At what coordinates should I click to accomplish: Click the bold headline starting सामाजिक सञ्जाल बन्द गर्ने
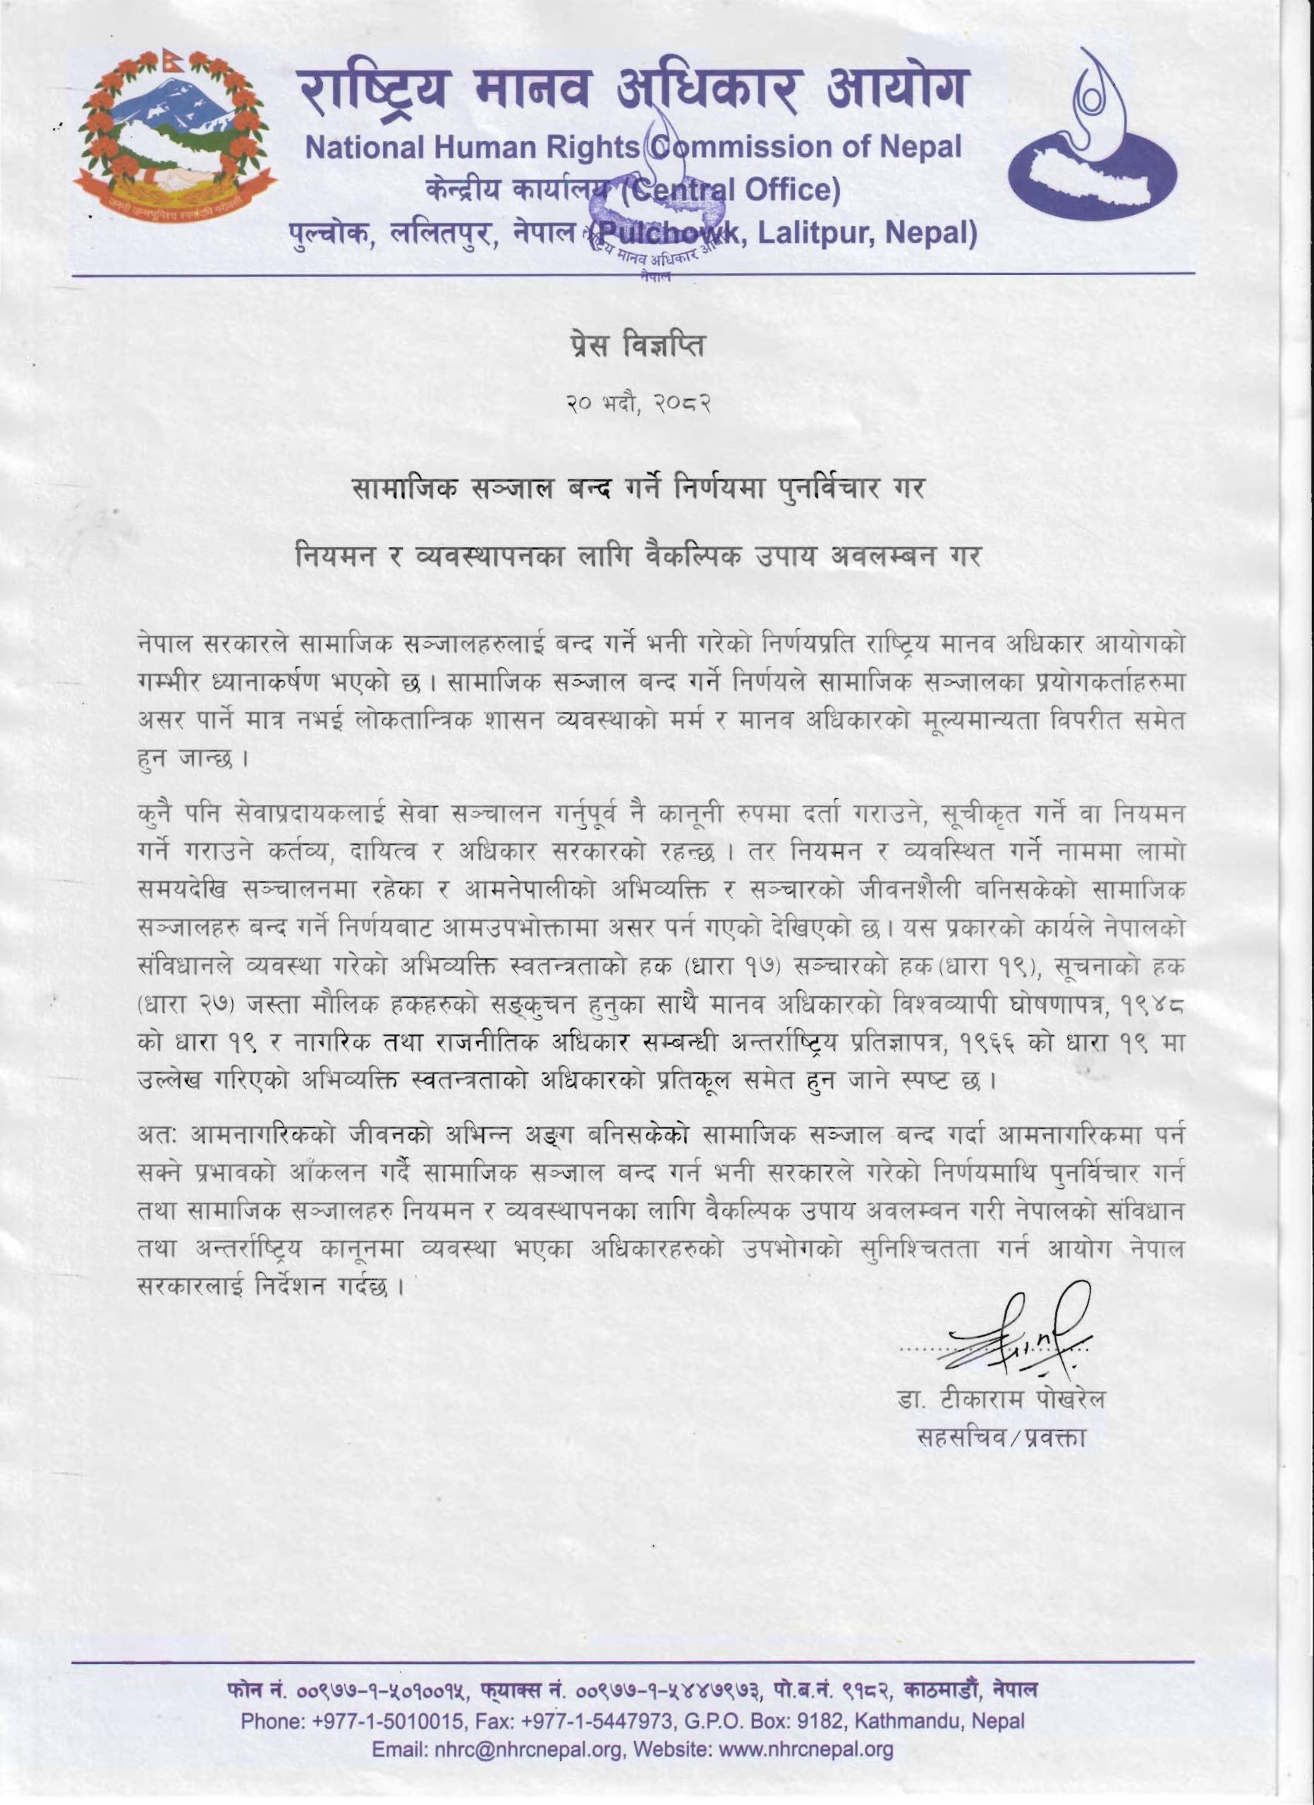pyautogui.click(x=638, y=487)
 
